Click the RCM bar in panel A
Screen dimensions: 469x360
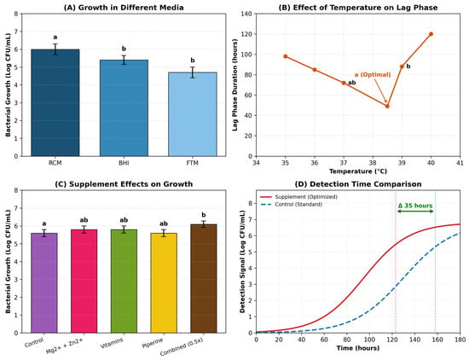tap(55, 102)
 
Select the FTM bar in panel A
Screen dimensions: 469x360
tap(193, 114)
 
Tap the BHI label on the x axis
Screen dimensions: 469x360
tap(124, 163)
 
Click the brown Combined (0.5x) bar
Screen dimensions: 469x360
tap(204, 279)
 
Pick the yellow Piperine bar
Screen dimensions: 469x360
tap(164, 283)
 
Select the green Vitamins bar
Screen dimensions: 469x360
tap(124, 282)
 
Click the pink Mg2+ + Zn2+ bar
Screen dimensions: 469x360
tap(84, 282)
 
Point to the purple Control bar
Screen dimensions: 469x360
tap(44, 283)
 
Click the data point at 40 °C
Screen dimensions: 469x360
tap(431, 34)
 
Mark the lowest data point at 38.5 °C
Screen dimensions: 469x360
tap(387, 107)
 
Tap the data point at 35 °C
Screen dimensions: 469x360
tap(286, 56)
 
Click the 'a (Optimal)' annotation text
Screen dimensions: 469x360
tap(373, 74)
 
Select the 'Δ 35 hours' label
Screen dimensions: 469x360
tap(415, 206)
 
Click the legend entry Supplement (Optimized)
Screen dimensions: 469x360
tap(306, 197)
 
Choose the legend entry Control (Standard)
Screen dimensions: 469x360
tap(298, 205)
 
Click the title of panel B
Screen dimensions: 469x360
tap(358, 8)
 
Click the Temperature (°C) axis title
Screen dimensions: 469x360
tap(358, 171)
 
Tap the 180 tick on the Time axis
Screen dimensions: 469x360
tap(460, 340)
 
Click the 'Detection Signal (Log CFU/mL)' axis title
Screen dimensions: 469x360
tap(242, 262)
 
